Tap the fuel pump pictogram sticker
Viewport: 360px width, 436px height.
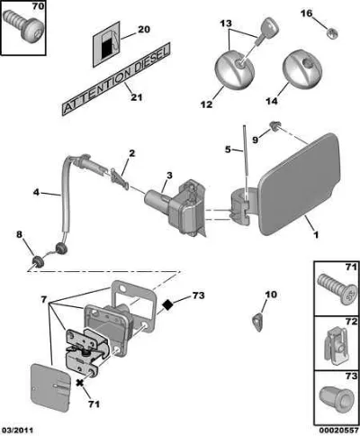pyautogui.click(x=107, y=44)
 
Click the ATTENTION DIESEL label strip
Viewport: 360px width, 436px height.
pyautogui.click(x=116, y=79)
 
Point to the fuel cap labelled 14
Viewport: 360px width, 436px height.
pyautogui.click(x=302, y=69)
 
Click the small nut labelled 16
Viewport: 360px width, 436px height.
pyautogui.click(x=331, y=32)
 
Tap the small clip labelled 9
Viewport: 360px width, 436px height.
pyautogui.click(x=274, y=126)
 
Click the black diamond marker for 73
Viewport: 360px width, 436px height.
pyautogui.click(x=168, y=305)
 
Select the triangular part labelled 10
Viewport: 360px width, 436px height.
pyautogui.click(x=257, y=322)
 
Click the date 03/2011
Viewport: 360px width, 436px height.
pyautogui.click(x=16, y=431)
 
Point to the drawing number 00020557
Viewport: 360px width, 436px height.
pyautogui.click(x=338, y=431)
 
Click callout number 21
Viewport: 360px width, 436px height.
pyautogui.click(x=137, y=97)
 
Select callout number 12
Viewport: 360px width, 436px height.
pyautogui.click(x=207, y=104)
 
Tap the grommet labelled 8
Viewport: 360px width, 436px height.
pyautogui.click(x=38, y=261)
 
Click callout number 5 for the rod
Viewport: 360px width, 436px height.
pyautogui.click(x=228, y=150)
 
